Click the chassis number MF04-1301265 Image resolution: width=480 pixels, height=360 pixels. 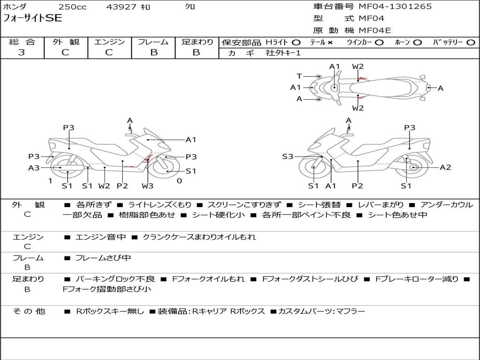click(395, 7)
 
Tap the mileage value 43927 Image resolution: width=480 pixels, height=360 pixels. click(122, 7)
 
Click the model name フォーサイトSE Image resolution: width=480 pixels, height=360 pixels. click(32, 18)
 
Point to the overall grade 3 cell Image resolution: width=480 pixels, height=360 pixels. click(22, 52)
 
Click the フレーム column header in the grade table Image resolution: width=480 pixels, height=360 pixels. click(153, 42)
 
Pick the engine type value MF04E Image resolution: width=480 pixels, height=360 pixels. click(375, 30)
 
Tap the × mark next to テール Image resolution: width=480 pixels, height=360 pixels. click(330, 43)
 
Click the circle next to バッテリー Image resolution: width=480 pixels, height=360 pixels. click(471, 43)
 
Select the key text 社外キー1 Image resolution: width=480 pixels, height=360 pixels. click(283, 53)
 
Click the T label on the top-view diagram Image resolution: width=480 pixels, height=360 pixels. click(299, 76)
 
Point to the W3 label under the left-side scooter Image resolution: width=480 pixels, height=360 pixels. click(147, 186)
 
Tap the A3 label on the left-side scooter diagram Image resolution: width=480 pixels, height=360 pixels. click(34, 168)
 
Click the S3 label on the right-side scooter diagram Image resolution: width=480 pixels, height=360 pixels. click(288, 157)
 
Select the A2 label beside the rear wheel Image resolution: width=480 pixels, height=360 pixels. click(445, 167)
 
